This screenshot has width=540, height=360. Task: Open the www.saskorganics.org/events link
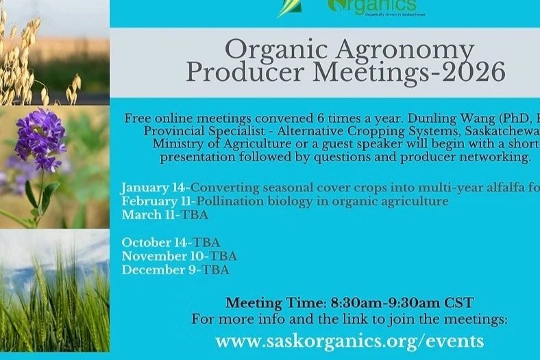coord(349,341)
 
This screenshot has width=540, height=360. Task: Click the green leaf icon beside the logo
coord(291,8)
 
